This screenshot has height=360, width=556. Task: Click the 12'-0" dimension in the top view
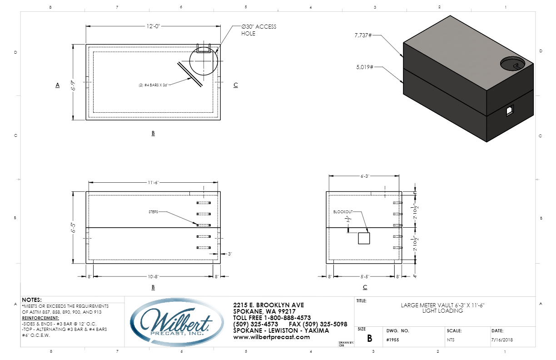[153, 27]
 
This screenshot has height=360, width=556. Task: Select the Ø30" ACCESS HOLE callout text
[258, 30]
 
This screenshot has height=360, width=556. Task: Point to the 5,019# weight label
[363, 67]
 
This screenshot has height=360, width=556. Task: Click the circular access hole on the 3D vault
[516, 64]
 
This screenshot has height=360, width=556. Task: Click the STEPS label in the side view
[154, 212]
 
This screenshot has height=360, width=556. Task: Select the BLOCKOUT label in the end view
[343, 212]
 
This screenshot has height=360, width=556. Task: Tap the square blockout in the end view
[364, 238]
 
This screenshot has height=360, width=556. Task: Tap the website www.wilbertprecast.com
[271, 337]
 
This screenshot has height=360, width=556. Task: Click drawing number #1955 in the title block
[392, 340]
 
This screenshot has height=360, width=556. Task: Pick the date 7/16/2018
[501, 340]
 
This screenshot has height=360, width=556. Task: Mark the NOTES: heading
[32, 300]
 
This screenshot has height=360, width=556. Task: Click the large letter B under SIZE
[369, 339]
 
